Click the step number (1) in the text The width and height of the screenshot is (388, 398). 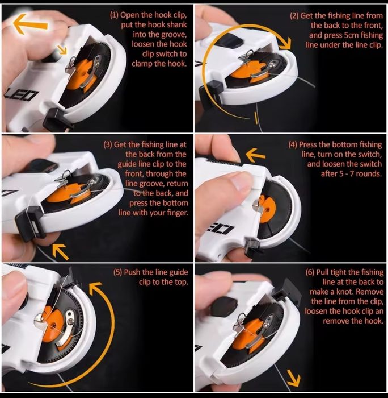(x=114, y=15)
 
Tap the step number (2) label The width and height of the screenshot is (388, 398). (x=294, y=16)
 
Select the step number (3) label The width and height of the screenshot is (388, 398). (x=108, y=144)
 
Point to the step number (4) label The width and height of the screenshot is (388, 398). (x=293, y=144)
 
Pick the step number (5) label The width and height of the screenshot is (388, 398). (x=118, y=272)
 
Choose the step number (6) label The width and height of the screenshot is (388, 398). (x=310, y=272)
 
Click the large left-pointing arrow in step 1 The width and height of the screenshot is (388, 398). (x=30, y=24)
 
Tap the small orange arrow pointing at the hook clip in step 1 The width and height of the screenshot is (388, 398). (x=61, y=49)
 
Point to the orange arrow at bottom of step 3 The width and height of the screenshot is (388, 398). (x=60, y=251)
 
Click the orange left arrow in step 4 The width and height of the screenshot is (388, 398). (x=255, y=155)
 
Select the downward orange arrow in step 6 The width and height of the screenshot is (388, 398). (x=294, y=378)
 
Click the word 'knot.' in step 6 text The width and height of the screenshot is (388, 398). (x=344, y=292)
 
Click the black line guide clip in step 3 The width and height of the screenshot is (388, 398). (x=28, y=222)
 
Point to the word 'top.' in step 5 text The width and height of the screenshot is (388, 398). (x=181, y=282)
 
